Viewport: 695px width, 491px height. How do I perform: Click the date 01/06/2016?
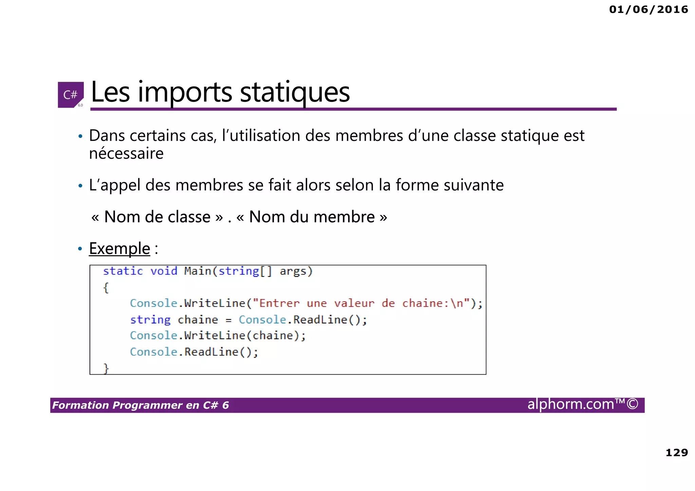click(x=648, y=10)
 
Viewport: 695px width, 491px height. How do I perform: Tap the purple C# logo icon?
click(x=71, y=95)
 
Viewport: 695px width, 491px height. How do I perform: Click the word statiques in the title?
click(x=295, y=92)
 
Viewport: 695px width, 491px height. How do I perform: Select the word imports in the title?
click(x=185, y=92)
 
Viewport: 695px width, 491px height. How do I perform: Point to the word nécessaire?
click(x=126, y=153)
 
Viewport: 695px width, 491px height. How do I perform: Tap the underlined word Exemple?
click(x=119, y=248)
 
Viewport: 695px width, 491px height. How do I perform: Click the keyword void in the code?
click(x=164, y=271)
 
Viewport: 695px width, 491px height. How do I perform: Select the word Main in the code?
click(x=198, y=271)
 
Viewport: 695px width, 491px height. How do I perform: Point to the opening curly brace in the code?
click(x=106, y=288)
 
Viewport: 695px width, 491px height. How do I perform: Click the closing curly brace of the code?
click(x=106, y=368)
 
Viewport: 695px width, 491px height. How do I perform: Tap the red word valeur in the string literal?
click(x=354, y=303)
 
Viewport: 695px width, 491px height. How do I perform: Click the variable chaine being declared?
click(x=198, y=320)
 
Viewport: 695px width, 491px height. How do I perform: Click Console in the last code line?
click(x=153, y=352)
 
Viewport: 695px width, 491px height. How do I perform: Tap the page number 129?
click(x=676, y=452)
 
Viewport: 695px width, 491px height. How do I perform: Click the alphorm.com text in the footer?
click(x=571, y=404)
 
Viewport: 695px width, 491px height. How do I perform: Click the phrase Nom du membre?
click(x=312, y=217)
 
